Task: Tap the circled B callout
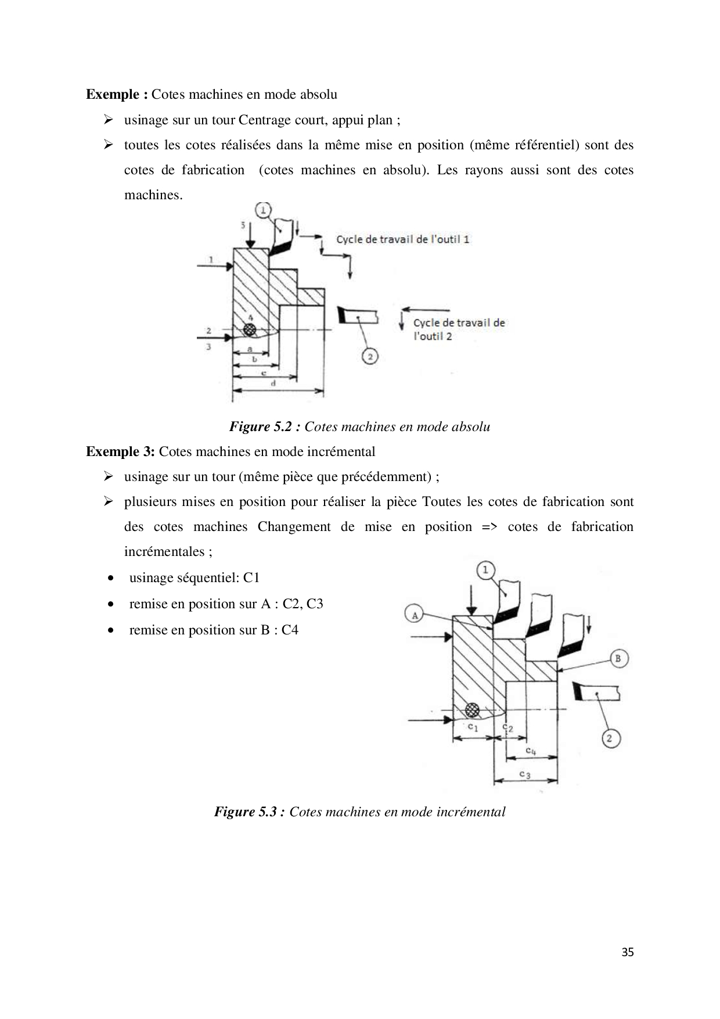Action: (x=618, y=658)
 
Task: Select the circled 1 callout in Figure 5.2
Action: (x=263, y=210)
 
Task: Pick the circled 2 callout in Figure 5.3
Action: (x=610, y=738)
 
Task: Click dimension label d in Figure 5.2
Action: (x=273, y=383)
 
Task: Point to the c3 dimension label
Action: (x=524, y=774)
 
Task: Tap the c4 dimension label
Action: (x=530, y=751)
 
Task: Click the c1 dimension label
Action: (x=473, y=727)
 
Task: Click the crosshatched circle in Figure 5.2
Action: (x=250, y=329)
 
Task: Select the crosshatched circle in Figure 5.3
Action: (x=473, y=709)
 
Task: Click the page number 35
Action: (x=627, y=952)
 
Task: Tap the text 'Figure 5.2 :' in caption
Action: (x=265, y=427)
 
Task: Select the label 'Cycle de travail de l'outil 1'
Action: (x=403, y=239)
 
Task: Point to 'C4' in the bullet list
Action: (x=290, y=630)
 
